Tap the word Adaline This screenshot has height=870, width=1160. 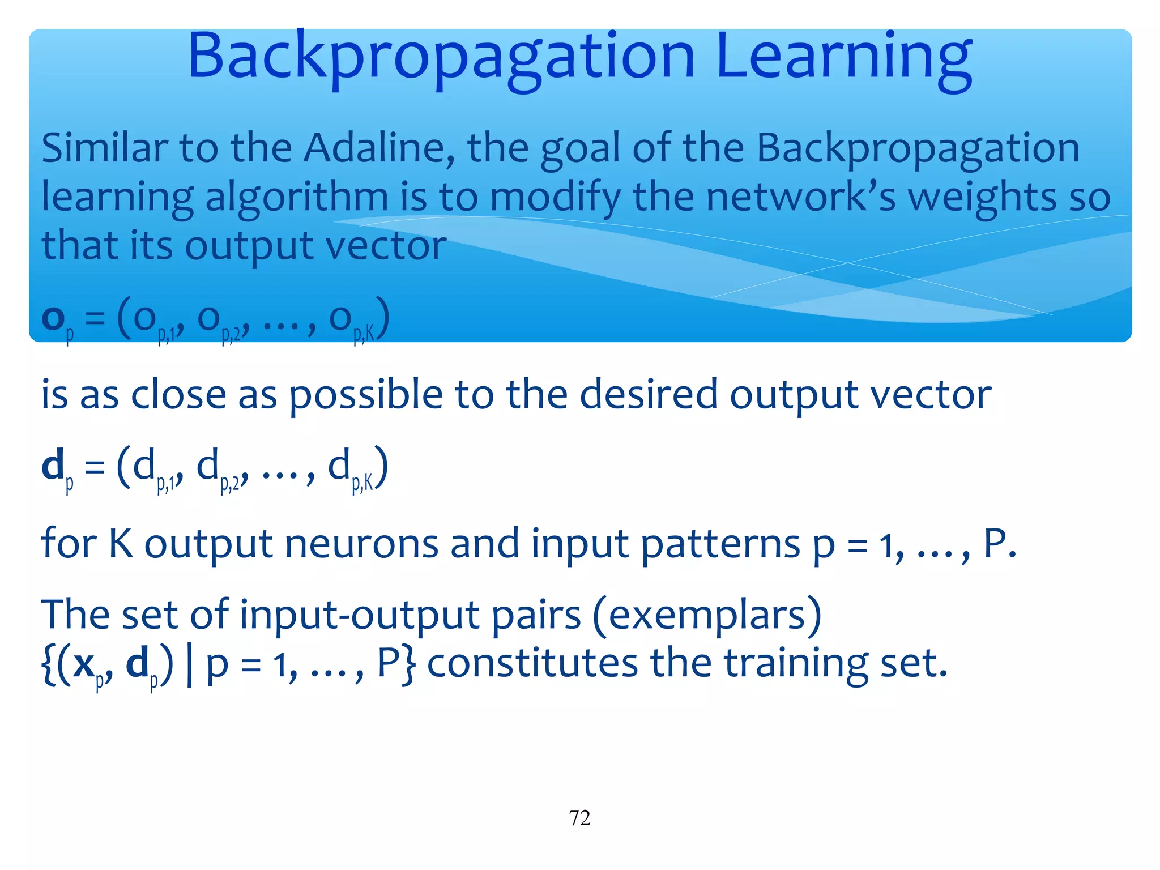378,148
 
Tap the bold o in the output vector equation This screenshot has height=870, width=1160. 53,318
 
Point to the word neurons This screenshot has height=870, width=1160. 361,544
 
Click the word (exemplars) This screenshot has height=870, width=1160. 707,615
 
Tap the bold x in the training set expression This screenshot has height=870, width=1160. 84,664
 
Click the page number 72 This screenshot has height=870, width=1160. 579,818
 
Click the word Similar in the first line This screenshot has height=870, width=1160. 104,148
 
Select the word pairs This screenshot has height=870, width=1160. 536,616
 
